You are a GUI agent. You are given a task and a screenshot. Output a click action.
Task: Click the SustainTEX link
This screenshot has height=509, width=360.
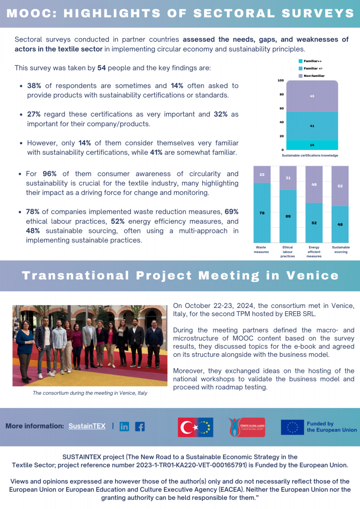click(87, 426)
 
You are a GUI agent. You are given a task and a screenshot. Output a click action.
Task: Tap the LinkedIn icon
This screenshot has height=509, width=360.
click(124, 427)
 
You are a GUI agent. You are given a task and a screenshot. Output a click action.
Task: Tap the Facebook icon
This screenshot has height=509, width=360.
click(140, 427)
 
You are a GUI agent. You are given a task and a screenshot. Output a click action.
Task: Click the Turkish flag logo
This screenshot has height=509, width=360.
click(195, 427)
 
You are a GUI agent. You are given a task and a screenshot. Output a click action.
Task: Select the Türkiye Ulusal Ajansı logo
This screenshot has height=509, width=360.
click(247, 427)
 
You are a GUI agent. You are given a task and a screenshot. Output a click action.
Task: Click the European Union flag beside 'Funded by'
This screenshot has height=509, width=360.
click(292, 427)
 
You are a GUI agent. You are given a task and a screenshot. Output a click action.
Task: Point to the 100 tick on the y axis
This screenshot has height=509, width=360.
click(280, 80)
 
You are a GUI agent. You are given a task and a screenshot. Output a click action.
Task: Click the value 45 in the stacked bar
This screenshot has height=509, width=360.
click(312, 96)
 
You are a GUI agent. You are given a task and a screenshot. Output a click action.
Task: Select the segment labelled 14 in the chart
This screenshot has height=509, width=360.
click(312, 145)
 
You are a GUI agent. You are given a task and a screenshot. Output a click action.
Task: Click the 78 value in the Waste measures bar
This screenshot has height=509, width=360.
click(262, 213)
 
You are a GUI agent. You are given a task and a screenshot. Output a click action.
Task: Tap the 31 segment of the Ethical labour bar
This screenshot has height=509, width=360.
click(288, 178)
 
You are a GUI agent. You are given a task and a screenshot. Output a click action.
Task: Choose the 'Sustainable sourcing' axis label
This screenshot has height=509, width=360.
click(340, 249)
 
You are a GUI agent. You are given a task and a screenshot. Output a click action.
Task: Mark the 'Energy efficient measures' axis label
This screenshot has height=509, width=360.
click(314, 251)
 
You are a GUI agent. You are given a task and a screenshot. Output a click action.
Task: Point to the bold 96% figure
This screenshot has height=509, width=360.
click(50, 174)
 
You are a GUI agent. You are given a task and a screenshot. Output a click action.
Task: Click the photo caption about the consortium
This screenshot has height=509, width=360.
click(90, 393)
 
